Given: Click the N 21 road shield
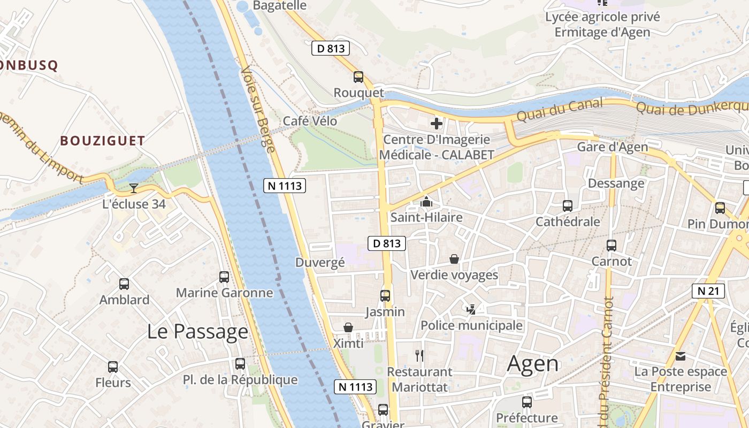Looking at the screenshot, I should coord(708,291).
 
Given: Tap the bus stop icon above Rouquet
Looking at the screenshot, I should coord(358,77).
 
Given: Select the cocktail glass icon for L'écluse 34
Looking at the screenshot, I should coord(133,188).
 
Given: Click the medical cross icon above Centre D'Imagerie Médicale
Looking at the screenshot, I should coord(437,124).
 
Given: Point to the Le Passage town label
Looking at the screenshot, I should coord(197,332).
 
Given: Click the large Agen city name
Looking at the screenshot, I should coord(532,364).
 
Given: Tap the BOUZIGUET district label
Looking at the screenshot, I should coord(102,141).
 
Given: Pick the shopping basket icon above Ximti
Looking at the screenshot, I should coord(348,327).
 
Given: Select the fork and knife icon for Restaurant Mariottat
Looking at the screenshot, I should coord(419,355).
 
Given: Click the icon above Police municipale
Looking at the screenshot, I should coord(471,309).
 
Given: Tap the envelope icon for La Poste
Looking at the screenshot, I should coord(681,356).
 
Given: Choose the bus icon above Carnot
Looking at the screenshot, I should coord(612,246).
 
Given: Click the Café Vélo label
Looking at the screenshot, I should coord(310,121).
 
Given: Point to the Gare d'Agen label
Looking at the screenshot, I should coord(612,147).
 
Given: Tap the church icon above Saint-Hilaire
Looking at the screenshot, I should coord(426,202).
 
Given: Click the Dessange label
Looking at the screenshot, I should coord(616,184).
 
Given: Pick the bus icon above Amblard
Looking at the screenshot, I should coord(124,284).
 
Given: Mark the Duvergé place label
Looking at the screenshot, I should coord(320,262).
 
